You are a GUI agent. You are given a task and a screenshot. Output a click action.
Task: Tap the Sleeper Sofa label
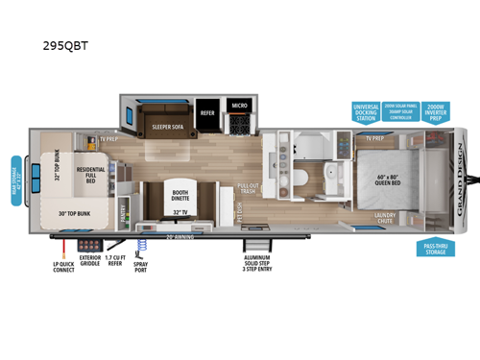pos(167,124)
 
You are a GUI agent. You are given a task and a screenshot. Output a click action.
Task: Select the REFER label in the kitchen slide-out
pos(207,111)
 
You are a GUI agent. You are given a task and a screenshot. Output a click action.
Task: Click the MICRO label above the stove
pos(239,106)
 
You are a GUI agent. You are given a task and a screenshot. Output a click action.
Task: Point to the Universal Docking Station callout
pos(366,111)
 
